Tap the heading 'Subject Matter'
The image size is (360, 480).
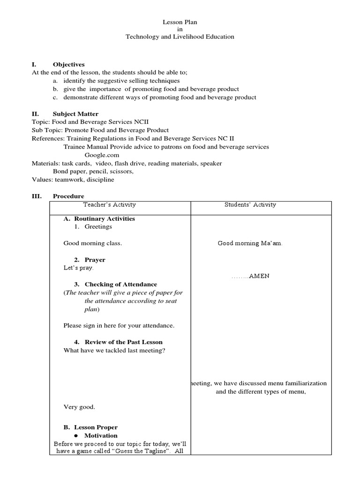point(75,114)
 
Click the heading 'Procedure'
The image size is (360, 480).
point(68,196)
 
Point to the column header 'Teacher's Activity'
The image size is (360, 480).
point(110,205)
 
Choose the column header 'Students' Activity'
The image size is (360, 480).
point(250,205)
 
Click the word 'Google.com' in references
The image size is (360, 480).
point(102,155)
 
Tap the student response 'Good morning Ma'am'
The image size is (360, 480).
point(250,243)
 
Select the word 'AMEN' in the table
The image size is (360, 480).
point(259,276)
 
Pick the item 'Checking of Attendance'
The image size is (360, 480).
point(120,285)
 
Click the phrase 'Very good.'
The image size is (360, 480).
point(79,407)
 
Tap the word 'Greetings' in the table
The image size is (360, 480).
point(98,227)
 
